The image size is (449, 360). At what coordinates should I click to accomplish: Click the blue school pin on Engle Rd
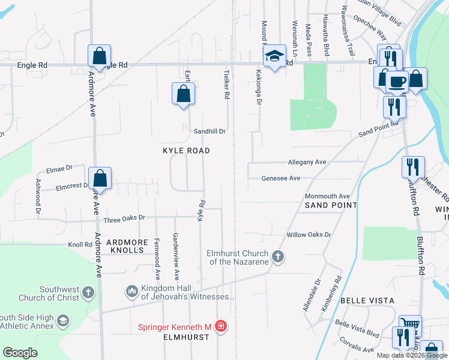[274, 56]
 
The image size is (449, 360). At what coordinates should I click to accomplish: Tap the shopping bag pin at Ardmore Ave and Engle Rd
[99, 56]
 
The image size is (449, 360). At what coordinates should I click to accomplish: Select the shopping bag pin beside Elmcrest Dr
[101, 178]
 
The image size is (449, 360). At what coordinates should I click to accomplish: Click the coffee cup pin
[397, 81]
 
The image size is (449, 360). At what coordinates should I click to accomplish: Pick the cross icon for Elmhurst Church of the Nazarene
[277, 257]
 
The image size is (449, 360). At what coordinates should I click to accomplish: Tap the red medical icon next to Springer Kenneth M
[221, 326]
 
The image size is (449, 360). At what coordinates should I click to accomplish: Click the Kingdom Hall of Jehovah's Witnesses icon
[131, 292]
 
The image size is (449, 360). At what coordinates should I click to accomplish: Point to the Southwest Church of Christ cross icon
[88, 293]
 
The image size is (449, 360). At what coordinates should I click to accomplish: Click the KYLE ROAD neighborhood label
[186, 151]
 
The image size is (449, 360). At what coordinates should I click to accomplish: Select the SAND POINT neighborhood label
[331, 205]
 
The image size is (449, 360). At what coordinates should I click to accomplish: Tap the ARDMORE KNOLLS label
[127, 242]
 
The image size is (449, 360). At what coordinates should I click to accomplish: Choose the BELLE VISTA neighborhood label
[367, 300]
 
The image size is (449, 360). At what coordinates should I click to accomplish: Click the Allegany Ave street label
[307, 162]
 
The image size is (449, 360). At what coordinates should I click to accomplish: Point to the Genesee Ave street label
[280, 178]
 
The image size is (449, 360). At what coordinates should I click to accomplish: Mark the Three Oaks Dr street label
[124, 219]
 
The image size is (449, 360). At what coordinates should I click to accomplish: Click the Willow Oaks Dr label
[309, 235]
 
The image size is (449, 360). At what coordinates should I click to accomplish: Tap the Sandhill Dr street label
[209, 131]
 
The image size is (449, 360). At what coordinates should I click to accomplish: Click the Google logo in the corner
[20, 352]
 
